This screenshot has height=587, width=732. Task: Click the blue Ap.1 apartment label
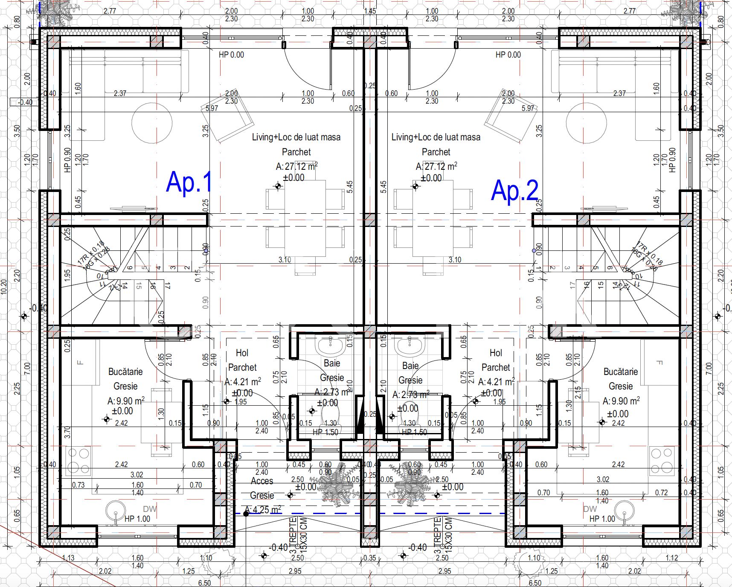point(189,182)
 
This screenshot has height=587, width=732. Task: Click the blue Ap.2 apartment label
point(514,190)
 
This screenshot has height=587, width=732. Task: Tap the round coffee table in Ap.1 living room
point(152,123)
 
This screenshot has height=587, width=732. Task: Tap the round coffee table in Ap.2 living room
point(586,123)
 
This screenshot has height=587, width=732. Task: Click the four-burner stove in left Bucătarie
point(79,461)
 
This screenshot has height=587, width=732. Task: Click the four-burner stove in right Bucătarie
point(662,461)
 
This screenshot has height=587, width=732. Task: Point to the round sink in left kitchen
point(115,511)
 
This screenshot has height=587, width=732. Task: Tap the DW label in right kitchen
point(590,509)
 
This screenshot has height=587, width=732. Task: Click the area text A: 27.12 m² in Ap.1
point(296,166)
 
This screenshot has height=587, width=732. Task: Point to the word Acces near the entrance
point(262,481)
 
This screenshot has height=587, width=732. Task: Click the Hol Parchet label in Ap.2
point(495,360)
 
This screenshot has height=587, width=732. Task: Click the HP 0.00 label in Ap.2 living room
point(508,55)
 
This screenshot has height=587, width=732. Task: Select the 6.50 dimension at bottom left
point(204,583)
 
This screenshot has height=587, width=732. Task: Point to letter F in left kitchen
point(80,363)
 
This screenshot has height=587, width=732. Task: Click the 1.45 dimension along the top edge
point(370,11)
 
